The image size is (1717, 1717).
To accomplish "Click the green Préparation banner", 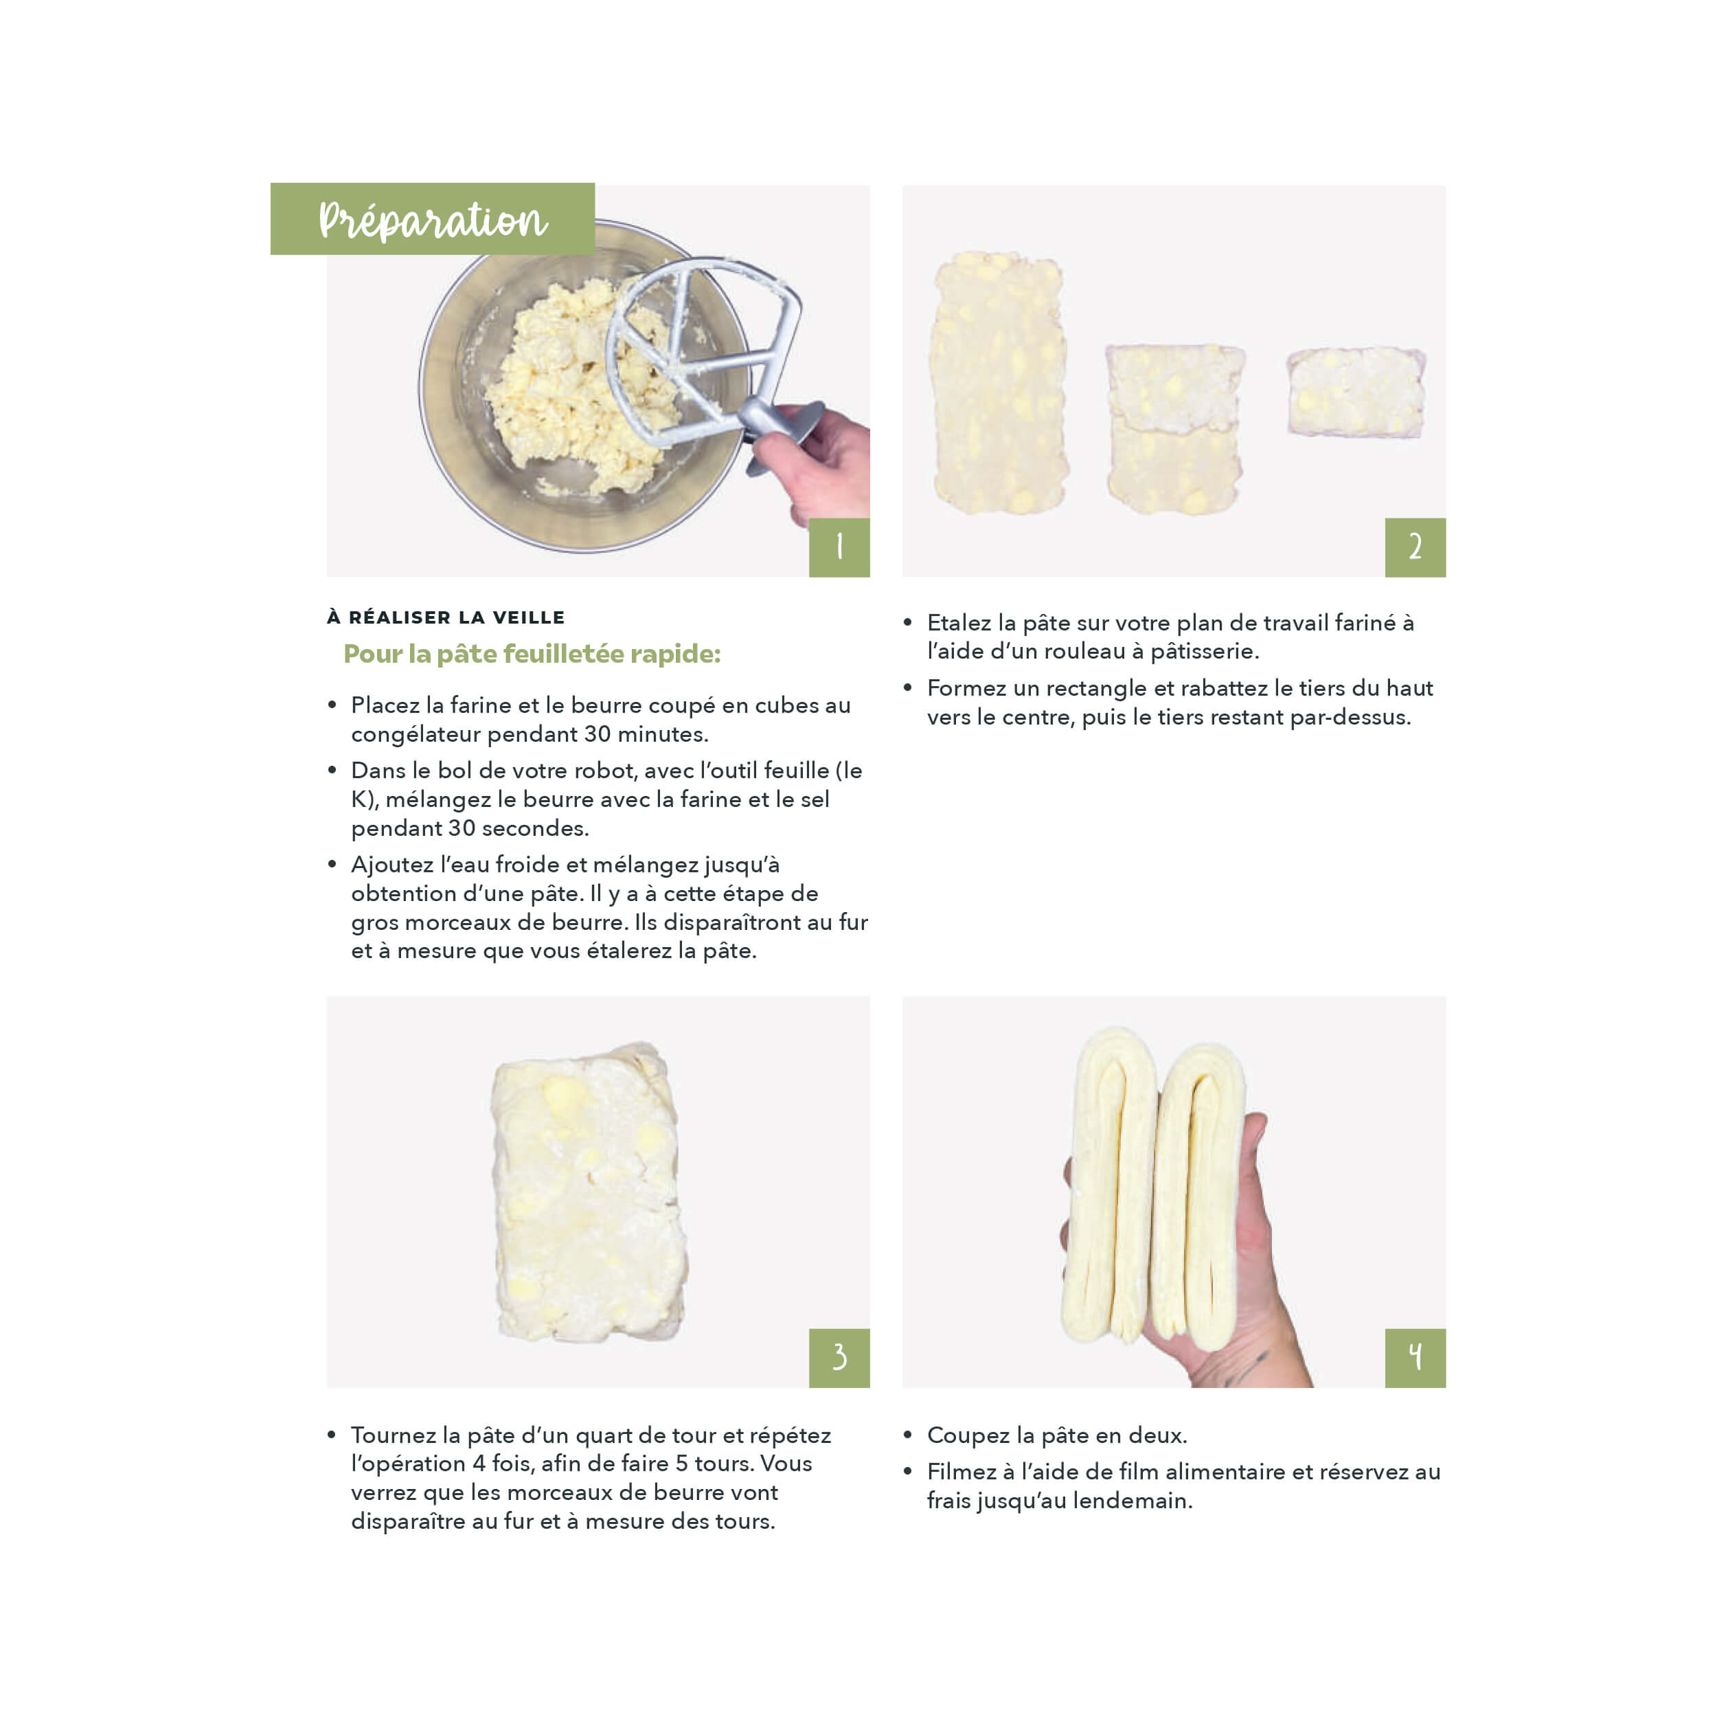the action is [x=432, y=218].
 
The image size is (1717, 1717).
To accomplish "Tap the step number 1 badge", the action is [x=839, y=547].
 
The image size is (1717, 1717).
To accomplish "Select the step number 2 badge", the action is [x=1415, y=547].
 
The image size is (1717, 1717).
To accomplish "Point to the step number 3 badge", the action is [x=839, y=1358].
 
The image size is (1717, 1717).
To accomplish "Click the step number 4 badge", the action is [x=1415, y=1358].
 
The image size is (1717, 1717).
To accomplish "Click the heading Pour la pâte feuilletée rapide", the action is [x=532, y=654].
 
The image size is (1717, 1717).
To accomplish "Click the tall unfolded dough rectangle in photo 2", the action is [x=998, y=383].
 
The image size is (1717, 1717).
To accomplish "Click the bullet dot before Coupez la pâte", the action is [x=907, y=1435].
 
